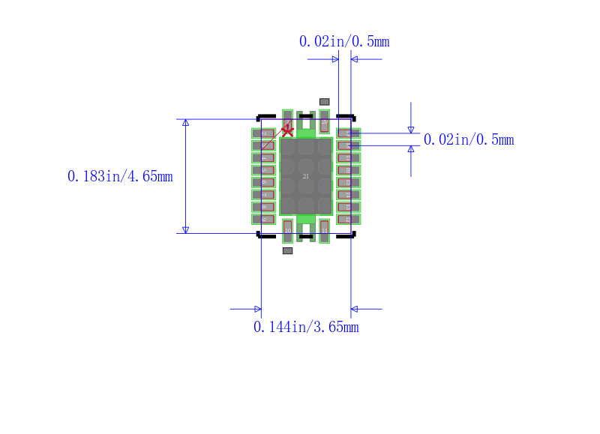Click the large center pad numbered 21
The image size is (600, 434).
coord(305,176)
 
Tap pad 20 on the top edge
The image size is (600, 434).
coord(324,120)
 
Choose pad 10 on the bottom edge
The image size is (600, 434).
coord(287,231)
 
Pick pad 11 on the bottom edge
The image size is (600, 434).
coord(324,231)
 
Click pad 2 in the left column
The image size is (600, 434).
coord(263,133)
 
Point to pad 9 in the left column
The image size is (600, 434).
coord(263,219)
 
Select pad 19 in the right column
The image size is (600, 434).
coord(349,133)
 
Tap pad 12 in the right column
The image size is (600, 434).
coord(349,219)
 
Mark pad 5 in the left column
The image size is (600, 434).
coord(263,170)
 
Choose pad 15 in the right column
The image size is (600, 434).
coord(349,182)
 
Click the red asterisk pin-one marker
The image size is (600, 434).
coord(286,130)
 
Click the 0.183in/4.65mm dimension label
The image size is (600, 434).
coord(120,177)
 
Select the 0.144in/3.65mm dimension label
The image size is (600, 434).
coord(306,328)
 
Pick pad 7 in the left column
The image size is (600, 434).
coord(263,194)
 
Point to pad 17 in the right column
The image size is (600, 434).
coord(349,157)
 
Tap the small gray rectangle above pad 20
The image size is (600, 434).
coord(324,101)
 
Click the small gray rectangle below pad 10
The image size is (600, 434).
coord(287,251)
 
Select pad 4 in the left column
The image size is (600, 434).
coord(263,157)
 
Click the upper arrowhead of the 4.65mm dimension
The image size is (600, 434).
coord(185,123)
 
